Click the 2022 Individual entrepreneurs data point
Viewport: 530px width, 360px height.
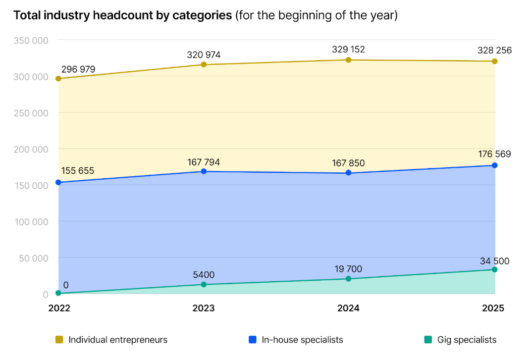click(59, 79)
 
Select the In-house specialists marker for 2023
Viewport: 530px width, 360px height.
click(204, 172)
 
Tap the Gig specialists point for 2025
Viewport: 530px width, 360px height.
click(495, 270)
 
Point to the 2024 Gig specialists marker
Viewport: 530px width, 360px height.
click(348, 279)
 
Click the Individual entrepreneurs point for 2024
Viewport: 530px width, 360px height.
click(348, 60)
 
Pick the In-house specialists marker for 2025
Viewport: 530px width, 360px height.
click(495, 166)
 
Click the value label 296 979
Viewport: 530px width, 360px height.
click(78, 69)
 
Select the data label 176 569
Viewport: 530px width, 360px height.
click(494, 154)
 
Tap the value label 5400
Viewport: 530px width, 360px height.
click(203, 275)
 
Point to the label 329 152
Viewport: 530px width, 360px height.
click(348, 49)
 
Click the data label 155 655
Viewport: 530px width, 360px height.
click(78, 171)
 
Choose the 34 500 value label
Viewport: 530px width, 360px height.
click(494, 261)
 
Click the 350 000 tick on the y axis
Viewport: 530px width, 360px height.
click(31, 40)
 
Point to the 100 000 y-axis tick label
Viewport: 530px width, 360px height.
click(31, 222)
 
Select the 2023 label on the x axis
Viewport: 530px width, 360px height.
click(203, 308)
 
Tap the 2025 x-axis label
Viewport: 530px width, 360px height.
click(493, 308)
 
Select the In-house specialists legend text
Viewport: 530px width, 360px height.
click(302, 340)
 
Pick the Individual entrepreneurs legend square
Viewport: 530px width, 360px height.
click(59, 340)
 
